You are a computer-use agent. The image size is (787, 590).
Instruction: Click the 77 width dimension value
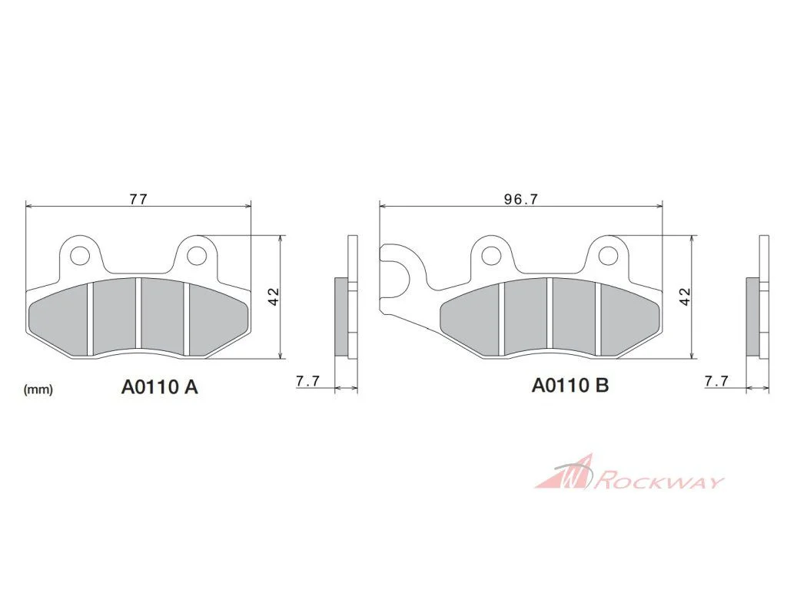point(138,199)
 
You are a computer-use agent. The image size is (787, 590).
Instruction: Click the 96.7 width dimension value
point(521,199)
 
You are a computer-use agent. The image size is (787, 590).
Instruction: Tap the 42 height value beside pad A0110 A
point(274,297)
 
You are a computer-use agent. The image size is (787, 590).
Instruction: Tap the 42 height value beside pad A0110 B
point(685,297)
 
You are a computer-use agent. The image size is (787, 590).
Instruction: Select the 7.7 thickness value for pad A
point(307,381)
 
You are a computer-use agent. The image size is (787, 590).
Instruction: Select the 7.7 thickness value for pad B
point(717,381)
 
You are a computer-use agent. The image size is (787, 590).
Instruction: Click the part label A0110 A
point(160,387)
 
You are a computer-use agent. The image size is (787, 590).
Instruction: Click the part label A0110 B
point(570,386)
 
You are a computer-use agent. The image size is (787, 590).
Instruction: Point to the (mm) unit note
point(38,389)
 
